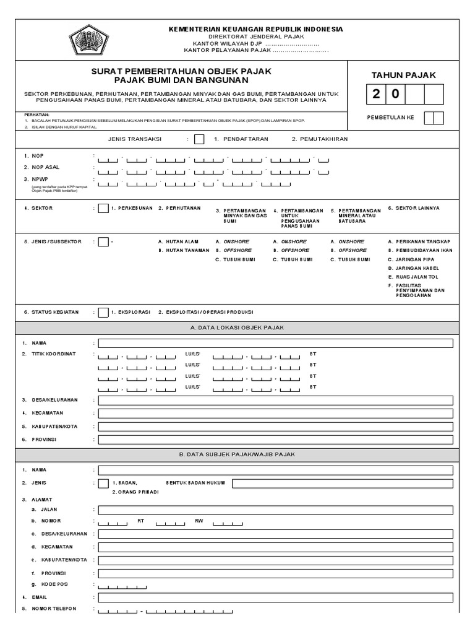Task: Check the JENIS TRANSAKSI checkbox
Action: [x=199, y=139]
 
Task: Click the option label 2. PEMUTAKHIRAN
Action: [x=319, y=139]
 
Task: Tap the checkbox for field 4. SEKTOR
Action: [x=103, y=209]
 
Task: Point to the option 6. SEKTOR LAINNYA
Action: [x=413, y=208]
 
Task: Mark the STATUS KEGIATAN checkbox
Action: [x=103, y=312]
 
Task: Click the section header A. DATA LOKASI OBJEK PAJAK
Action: [x=237, y=328]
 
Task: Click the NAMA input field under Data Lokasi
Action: [x=275, y=343]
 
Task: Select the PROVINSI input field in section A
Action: [x=275, y=439]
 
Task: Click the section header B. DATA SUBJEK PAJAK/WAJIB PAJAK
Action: [x=237, y=454]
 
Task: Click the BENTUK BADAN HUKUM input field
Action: [x=342, y=483]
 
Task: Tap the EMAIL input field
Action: [x=275, y=597]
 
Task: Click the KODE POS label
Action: [x=53, y=584]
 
